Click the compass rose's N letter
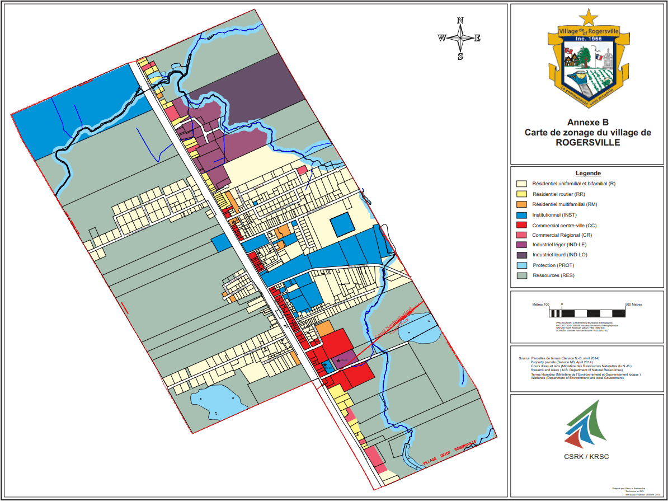pos(460,20)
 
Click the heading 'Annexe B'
pos(587,122)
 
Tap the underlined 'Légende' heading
pos(587,173)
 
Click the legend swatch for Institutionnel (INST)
pos(521,214)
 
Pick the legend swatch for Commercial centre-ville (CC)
pos(521,224)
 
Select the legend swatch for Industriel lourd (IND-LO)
pos(521,255)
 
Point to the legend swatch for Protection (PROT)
pos(521,265)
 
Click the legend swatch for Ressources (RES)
pos(521,275)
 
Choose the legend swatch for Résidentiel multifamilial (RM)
pos(521,204)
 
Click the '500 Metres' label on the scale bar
pos(633,305)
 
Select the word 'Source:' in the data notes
pos(524,358)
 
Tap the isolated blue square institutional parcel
pos(342,225)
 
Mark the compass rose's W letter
pos(441,38)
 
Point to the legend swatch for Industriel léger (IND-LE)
pos(521,245)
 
